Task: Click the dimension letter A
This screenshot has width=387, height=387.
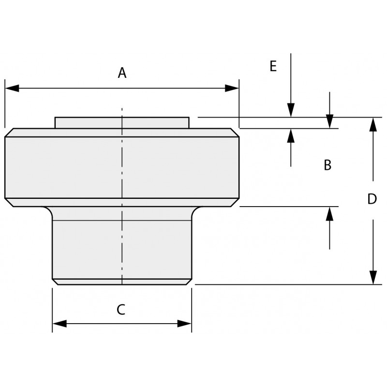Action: (x=122, y=73)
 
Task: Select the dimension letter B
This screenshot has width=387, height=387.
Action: (x=327, y=165)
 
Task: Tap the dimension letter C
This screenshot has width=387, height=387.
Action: (x=121, y=310)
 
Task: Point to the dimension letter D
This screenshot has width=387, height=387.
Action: (x=372, y=199)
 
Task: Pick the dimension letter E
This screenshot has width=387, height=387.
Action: (x=273, y=66)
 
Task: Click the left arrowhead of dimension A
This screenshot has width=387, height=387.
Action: (x=12, y=88)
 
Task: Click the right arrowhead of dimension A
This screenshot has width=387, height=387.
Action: (x=232, y=88)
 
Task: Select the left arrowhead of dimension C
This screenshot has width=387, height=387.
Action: (x=60, y=324)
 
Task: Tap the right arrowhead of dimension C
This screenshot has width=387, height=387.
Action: (x=185, y=324)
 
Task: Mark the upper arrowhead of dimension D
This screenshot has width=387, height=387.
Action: (x=373, y=124)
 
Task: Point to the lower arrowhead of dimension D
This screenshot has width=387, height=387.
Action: (x=373, y=277)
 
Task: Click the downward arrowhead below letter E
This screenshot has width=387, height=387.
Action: (x=291, y=110)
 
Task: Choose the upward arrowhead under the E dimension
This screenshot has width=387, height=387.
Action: (x=291, y=136)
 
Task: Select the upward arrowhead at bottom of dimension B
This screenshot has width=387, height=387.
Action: (x=330, y=214)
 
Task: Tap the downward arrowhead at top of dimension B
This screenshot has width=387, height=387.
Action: (x=330, y=121)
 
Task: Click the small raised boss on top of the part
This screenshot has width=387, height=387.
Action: (x=122, y=123)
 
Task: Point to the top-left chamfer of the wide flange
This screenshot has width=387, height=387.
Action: (x=9, y=133)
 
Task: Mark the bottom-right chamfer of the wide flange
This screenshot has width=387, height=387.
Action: (x=235, y=202)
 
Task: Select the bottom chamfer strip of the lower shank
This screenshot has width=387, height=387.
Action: (x=122, y=282)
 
